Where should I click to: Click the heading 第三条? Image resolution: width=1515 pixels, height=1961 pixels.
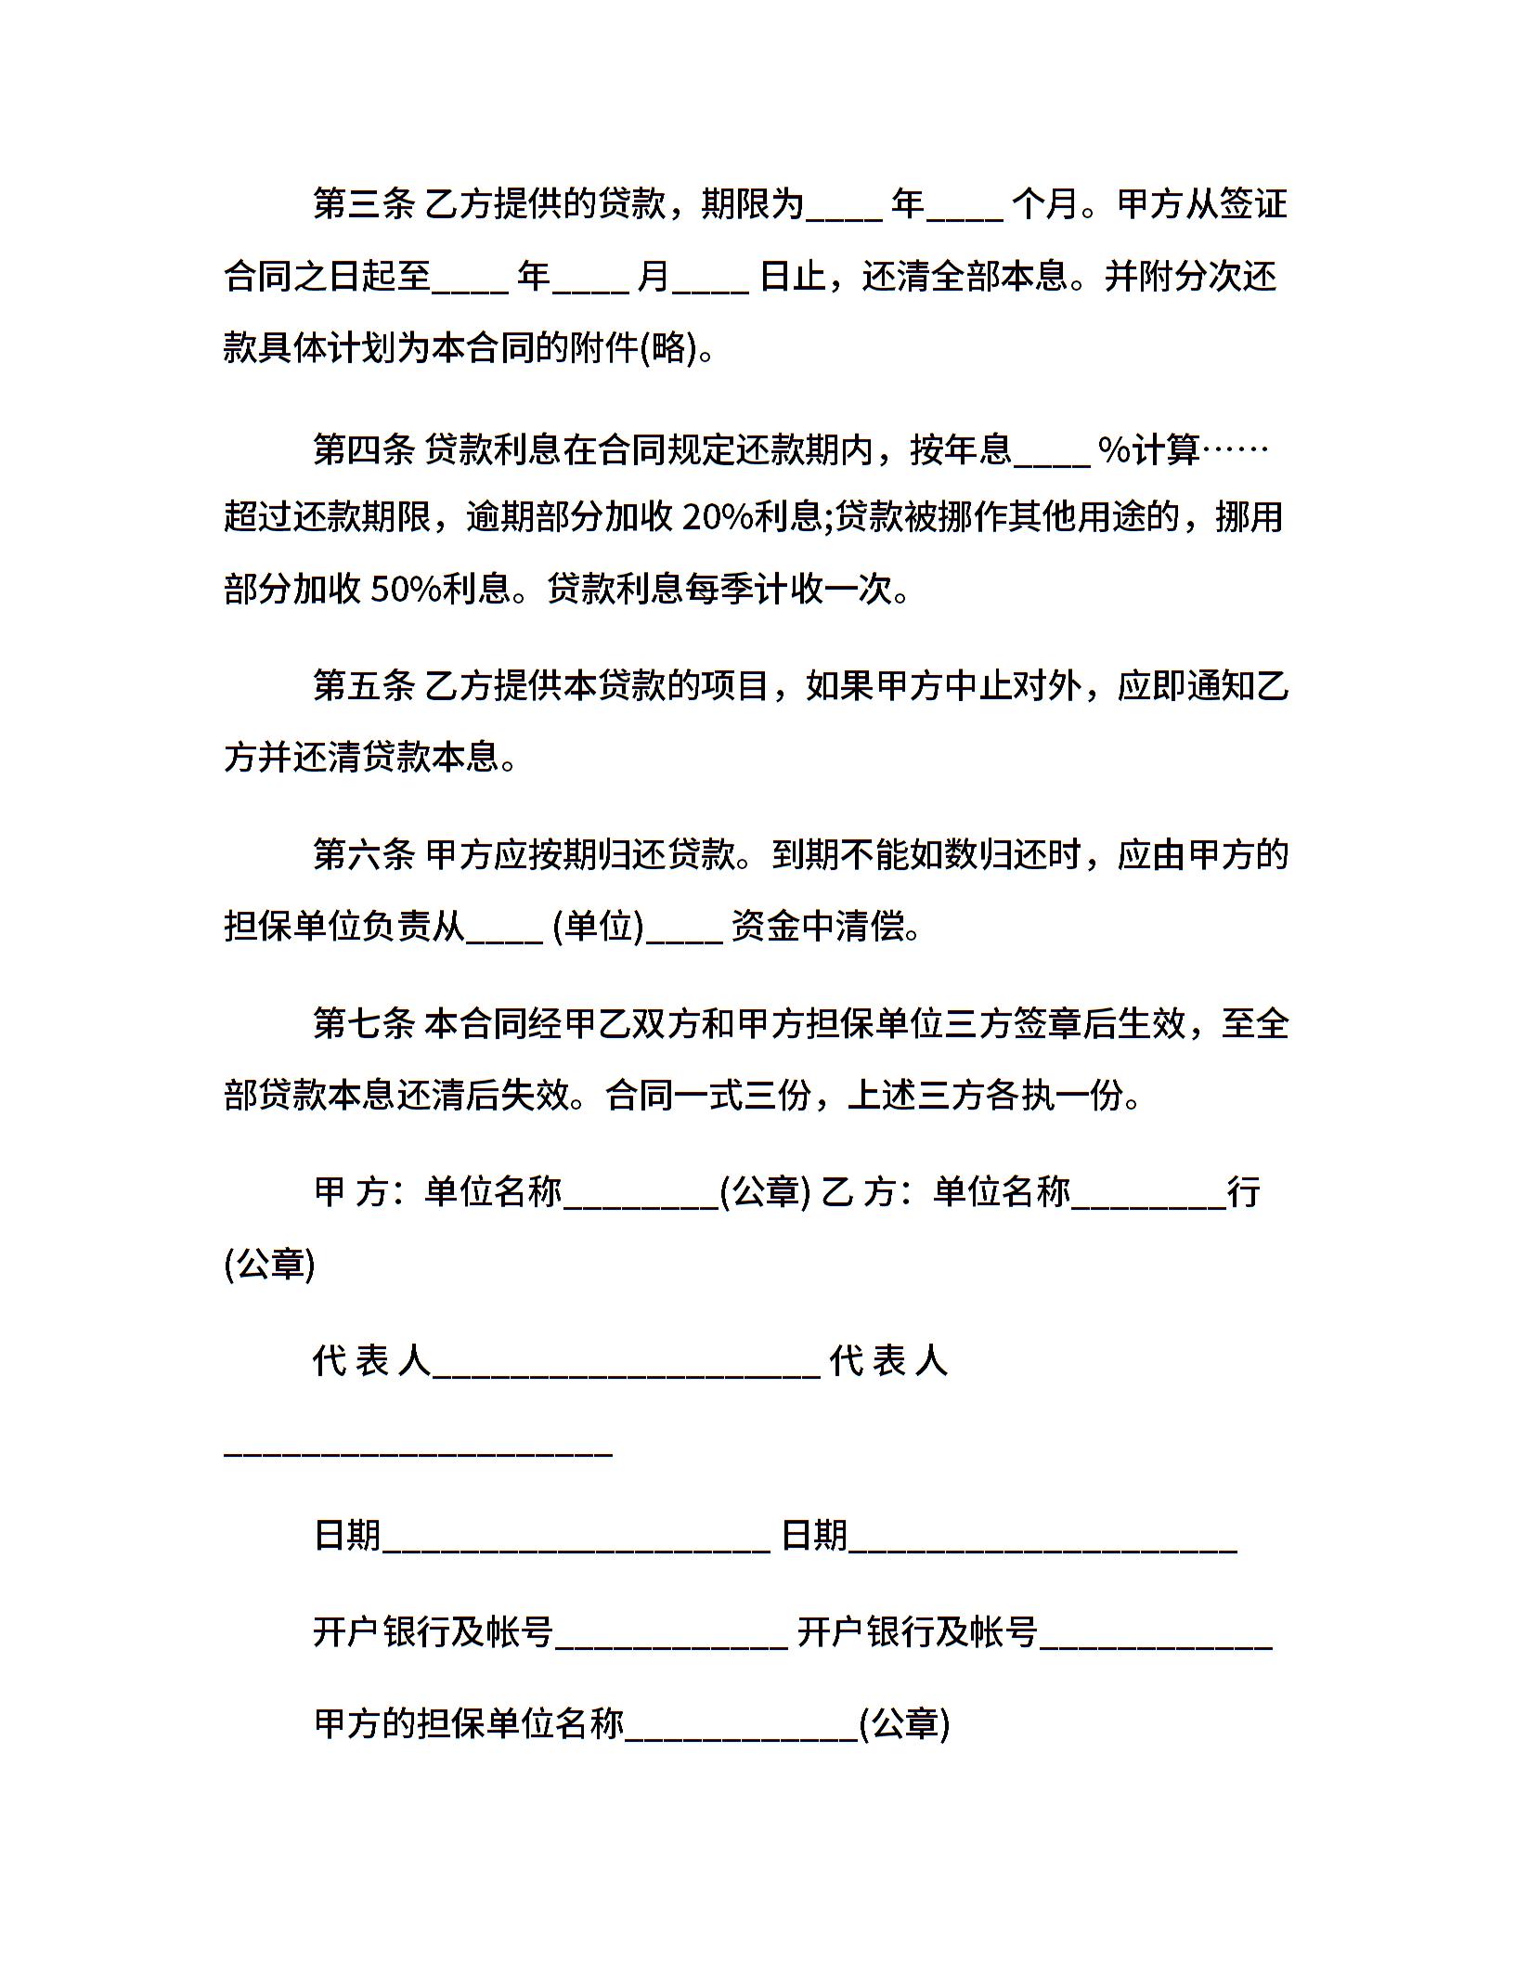364,204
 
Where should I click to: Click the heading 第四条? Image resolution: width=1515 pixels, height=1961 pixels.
364,450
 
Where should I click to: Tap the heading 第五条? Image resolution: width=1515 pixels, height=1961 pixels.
364,687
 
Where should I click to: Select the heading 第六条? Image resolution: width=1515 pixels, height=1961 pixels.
364,854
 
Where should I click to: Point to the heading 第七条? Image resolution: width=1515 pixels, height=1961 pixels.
364,1024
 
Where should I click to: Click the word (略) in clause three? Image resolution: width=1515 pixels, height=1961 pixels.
668,349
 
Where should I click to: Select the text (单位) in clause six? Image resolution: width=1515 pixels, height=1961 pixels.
598,927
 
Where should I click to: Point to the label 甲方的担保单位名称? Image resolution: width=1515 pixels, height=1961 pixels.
469,1724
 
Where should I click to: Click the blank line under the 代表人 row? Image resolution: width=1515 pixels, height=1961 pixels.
418,1450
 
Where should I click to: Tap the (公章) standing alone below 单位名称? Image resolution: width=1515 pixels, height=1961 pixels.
270,1265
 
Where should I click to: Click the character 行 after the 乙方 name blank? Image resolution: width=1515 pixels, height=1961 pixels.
1243,1192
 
